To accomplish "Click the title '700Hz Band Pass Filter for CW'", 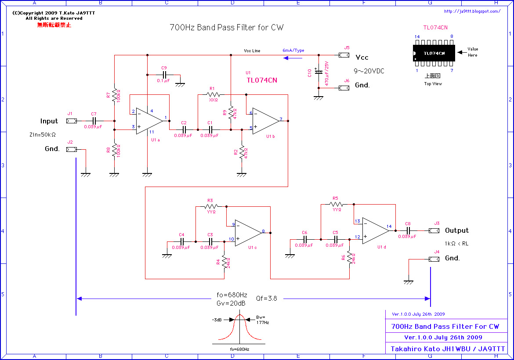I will click(x=227, y=28).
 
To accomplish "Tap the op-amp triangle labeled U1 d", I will click(x=375, y=230).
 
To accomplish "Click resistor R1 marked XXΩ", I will click(x=213, y=94).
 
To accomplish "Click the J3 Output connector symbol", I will click(x=434, y=230).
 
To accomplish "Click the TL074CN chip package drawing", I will click(x=434, y=53).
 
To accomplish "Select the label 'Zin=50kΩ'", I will click(x=42, y=135).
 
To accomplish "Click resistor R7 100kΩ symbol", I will click(x=114, y=94).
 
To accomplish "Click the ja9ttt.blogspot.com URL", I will click(x=472, y=12).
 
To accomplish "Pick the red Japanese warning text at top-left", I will click(x=54, y=25).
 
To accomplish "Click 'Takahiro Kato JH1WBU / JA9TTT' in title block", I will click(x=448, y=349).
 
